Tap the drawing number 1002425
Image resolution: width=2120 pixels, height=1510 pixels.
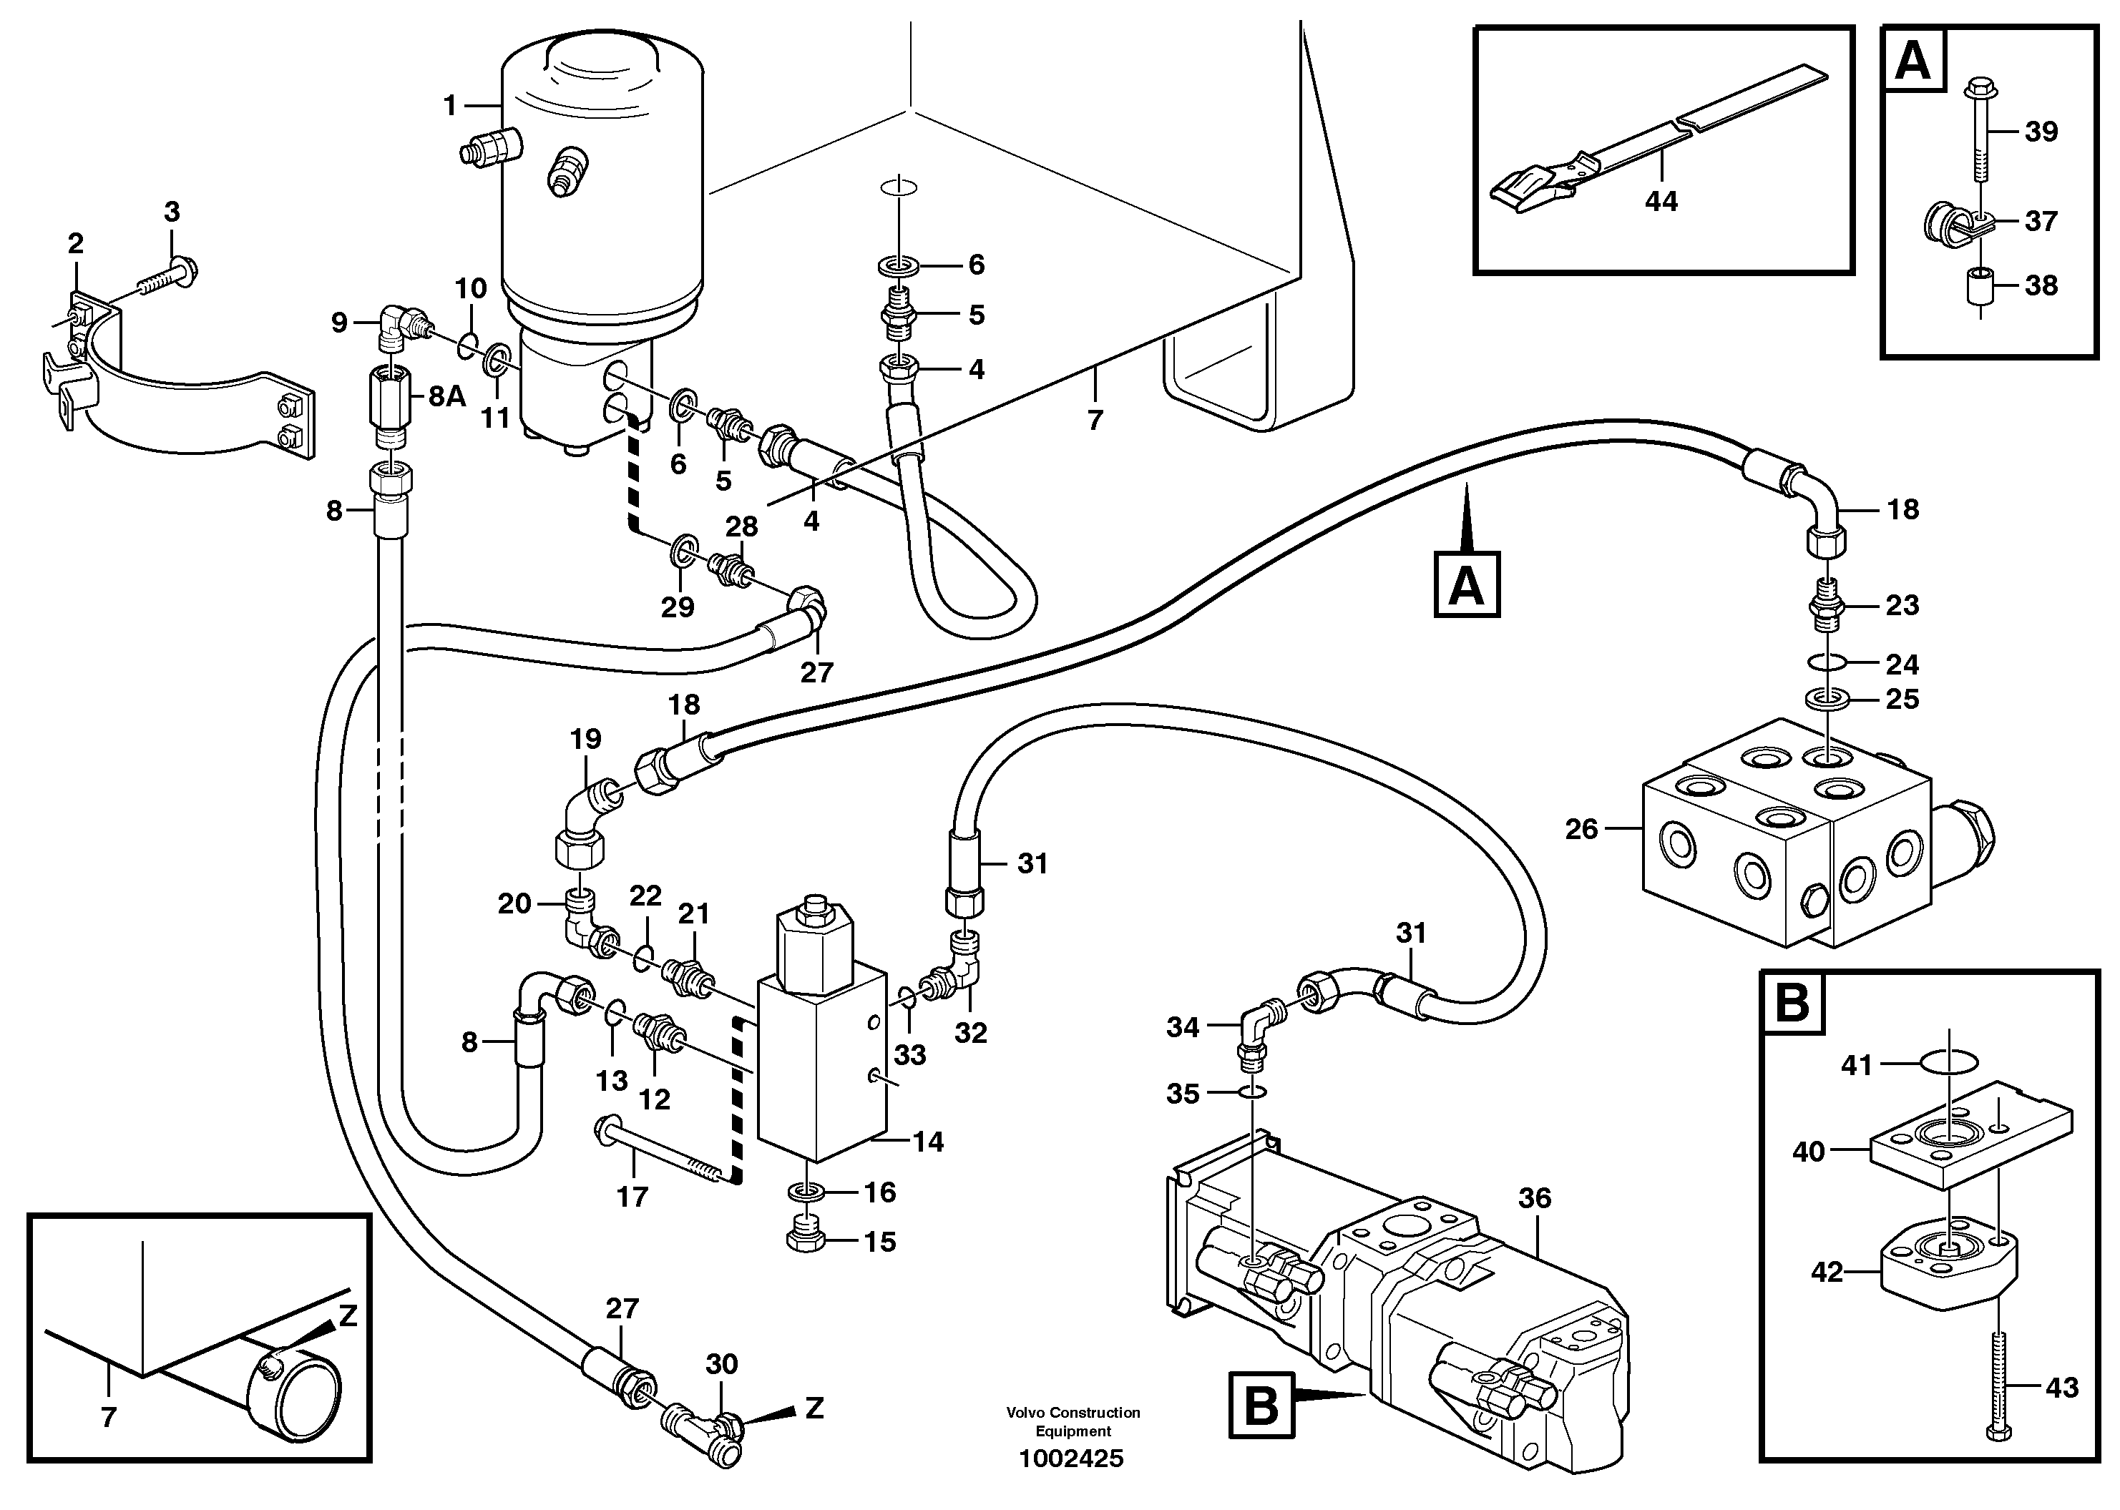(1071, 1458)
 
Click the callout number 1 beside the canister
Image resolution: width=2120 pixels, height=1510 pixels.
(450, 106)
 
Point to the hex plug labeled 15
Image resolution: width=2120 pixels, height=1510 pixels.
(806, 1241)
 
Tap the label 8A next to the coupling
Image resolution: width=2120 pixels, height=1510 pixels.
(446, 397)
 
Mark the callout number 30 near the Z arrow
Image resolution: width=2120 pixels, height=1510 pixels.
(721, 1364)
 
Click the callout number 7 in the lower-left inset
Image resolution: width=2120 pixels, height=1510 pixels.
(109, 1417)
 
